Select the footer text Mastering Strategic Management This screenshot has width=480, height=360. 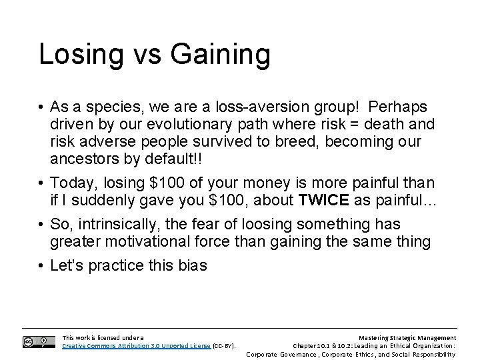pyautogui.click(x=407, y=338)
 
